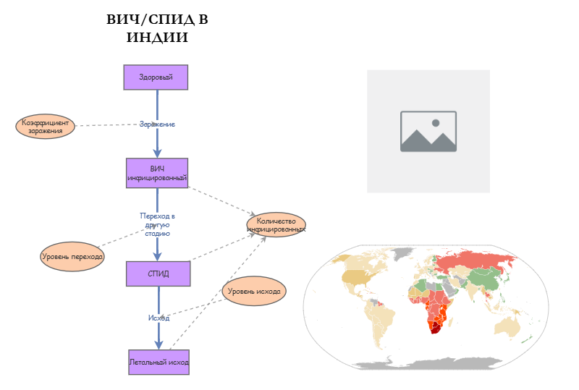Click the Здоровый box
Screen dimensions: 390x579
156,77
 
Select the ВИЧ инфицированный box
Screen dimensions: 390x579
157,173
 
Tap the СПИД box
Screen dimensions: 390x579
158,274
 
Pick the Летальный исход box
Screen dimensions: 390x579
159,361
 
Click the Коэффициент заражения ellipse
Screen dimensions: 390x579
45,127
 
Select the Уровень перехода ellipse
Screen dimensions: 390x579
72,257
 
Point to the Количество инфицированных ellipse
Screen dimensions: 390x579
276,224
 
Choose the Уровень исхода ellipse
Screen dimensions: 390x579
254,292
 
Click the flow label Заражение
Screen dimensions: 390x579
157,124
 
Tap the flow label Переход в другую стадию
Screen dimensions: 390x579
157,224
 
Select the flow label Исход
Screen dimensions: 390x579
159,318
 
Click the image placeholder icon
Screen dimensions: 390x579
428,131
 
